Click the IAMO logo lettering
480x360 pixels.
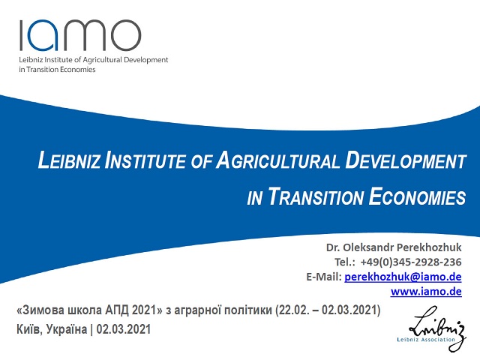tap(80, 35)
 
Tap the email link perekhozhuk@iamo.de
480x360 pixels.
tap(403, 277)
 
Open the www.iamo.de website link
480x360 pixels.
tap(426, 291)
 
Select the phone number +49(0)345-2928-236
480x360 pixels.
tap(411, 262)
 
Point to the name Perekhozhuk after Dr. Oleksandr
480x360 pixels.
tap(429, 247)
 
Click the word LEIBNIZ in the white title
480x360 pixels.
tap(69, 160)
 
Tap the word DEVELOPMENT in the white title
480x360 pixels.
tap(406, 160)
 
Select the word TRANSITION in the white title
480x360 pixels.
tap(316, 196)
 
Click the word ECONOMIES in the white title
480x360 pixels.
tap(417, 196)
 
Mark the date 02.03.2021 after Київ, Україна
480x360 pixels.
tap(124, 329)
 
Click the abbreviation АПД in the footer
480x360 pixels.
tap(118, 310)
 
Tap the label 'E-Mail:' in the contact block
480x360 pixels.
tap(324, 277)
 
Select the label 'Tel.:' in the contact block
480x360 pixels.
tap(345, 262)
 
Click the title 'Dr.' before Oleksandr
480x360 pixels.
tap(333, 247)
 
